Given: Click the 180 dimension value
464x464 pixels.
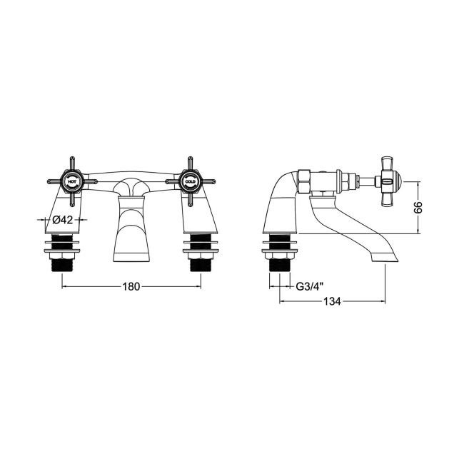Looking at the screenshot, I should point(131,286).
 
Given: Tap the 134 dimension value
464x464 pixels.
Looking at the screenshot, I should point(331,301).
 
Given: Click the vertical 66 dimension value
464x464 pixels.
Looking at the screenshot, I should point(419,207).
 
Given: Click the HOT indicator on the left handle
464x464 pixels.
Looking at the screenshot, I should point(71,181).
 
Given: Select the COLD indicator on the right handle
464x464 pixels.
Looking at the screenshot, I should point(191,181).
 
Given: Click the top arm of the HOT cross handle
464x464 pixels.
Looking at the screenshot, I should point(71,163).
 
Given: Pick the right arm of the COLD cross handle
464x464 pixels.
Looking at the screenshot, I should point(208,181).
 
